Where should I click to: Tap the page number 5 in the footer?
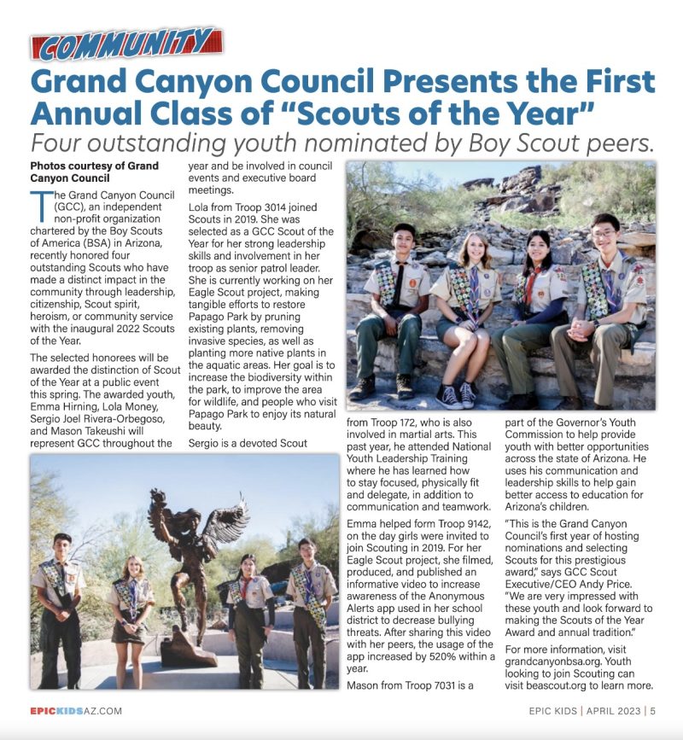tap(652, 710)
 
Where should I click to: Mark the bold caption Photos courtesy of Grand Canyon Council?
tap(94, 172)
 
